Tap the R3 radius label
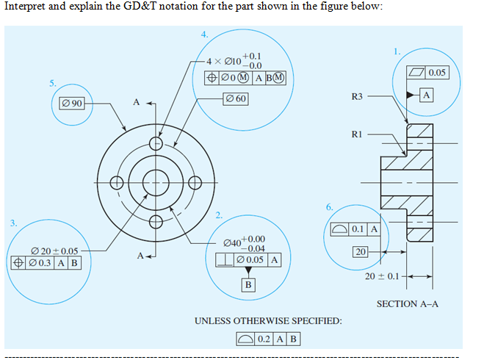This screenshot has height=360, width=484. pyautogui.click(x=357, y=96)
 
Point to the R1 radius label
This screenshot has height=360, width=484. pyautogui.click(x=357, y=134)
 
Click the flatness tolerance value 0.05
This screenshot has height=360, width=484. pyautogui.click(x=438, y=73)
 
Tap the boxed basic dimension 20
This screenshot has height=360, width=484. pyautogui.click(x=360, y=252)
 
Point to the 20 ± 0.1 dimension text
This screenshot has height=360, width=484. pyautogui.click(x=382, y=276)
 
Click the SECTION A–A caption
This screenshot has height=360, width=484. pyautogui.click(x=408, y=303)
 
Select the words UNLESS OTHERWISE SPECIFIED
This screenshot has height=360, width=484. pyautogui.click(x=268, y=321)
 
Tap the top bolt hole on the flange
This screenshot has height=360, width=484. pyautogui.click(x=156, y=145)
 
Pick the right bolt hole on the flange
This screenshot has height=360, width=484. pyautogui.click(x=195, y=184)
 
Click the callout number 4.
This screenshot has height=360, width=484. pyautogui.click(x=204, y=33)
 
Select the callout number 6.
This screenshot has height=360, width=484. pyautogui.click(x=329, y=206)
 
